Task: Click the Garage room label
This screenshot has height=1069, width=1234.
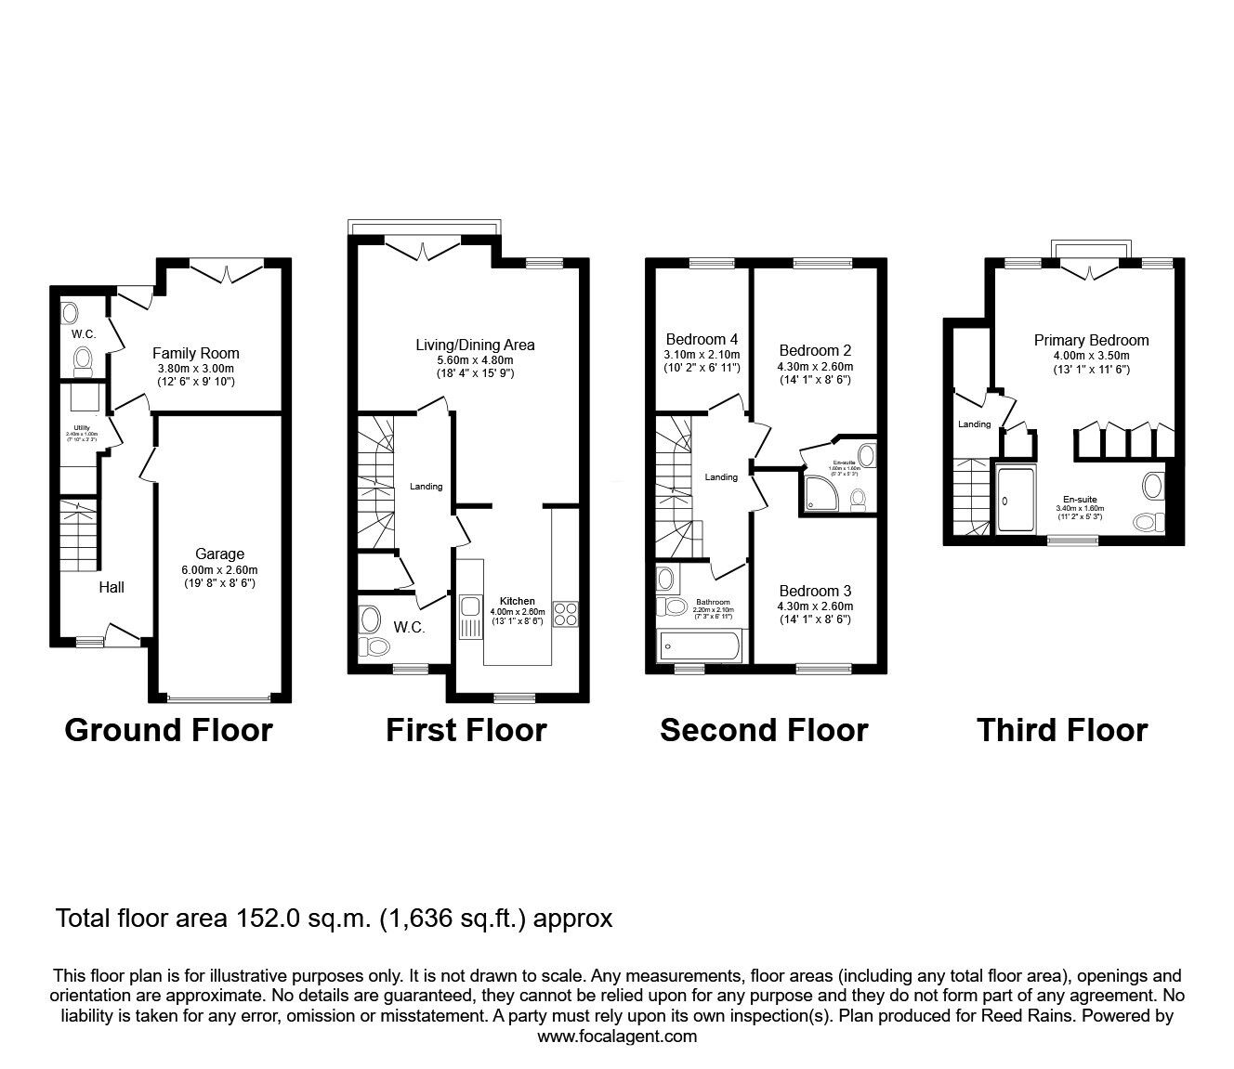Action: [219, 554]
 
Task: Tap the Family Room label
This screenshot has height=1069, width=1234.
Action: [195, 353]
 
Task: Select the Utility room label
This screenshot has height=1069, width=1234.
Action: [82, 427]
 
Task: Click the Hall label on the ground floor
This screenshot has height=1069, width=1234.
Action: [112, 587]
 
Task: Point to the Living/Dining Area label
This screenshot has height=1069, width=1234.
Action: [475, 345]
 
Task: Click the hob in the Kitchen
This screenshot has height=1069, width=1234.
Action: [566, 614]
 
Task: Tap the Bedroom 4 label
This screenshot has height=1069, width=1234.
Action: [702, 339]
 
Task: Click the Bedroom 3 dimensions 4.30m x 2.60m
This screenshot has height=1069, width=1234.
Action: [815, 606]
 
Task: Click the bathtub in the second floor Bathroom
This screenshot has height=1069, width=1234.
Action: [699, 645]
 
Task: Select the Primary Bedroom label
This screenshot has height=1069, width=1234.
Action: [1091, 341]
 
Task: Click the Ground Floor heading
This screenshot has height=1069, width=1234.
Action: [168, 731]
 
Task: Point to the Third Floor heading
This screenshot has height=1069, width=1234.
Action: [1062, 731]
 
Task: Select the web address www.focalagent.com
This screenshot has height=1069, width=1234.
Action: [617, 1036]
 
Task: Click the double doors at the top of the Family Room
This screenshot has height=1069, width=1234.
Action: [228, 271]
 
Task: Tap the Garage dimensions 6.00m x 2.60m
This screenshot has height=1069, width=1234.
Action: [219, 570]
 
